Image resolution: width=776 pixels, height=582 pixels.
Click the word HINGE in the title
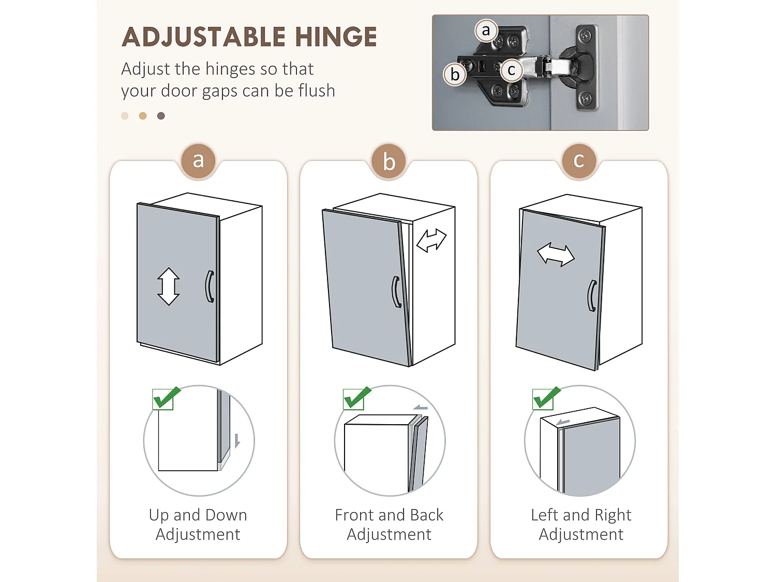(x=336, y=36)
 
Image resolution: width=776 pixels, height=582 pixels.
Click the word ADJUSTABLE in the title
(x=204, y=36)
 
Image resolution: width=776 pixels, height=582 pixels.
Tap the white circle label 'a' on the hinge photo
(x=486, y=31)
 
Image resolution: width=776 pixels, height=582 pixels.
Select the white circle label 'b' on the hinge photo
(x=455, y=74)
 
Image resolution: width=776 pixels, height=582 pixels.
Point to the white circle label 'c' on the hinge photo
(x=512, y=70)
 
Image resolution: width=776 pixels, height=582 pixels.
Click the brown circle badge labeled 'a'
(x=198, y=161)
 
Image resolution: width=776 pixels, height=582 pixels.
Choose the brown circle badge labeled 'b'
(x=389, y=161)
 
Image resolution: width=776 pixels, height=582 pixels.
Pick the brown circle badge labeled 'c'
(x=579, y=161)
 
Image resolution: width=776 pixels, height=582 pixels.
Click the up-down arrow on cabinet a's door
(x=168, y=286)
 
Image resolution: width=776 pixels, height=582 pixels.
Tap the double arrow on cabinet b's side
(x=431, y=240)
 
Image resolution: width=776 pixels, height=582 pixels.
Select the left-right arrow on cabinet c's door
(x=556, y=255)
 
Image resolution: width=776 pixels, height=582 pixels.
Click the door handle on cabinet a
(x=210, y=286)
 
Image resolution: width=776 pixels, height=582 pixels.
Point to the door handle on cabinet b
(x=397, y=292)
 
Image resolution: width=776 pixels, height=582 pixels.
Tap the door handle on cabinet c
(x=592, y=296)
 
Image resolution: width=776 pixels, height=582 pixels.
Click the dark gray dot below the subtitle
(x=161, y=116)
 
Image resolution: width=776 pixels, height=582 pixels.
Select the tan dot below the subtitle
(x=143, y=116)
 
